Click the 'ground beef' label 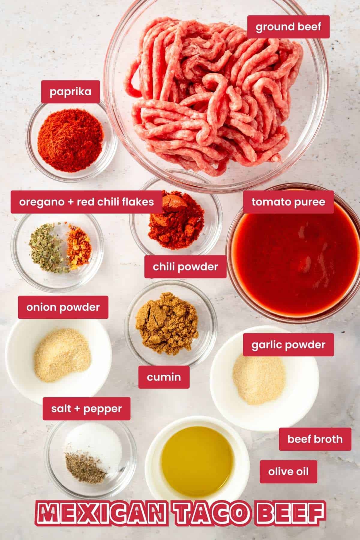tap(288, 27)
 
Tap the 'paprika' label tap(70, 91)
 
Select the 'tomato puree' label tap(288, 202)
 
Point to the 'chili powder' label tap(185, 267)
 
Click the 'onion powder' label tap(63, 307)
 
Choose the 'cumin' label tap(164, 377)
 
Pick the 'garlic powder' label tap(288, 345)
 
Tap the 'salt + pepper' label tap(86, 409)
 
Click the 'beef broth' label tap(315, 439)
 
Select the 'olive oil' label tap(288, 472)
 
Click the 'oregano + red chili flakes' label tap(86, 202)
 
